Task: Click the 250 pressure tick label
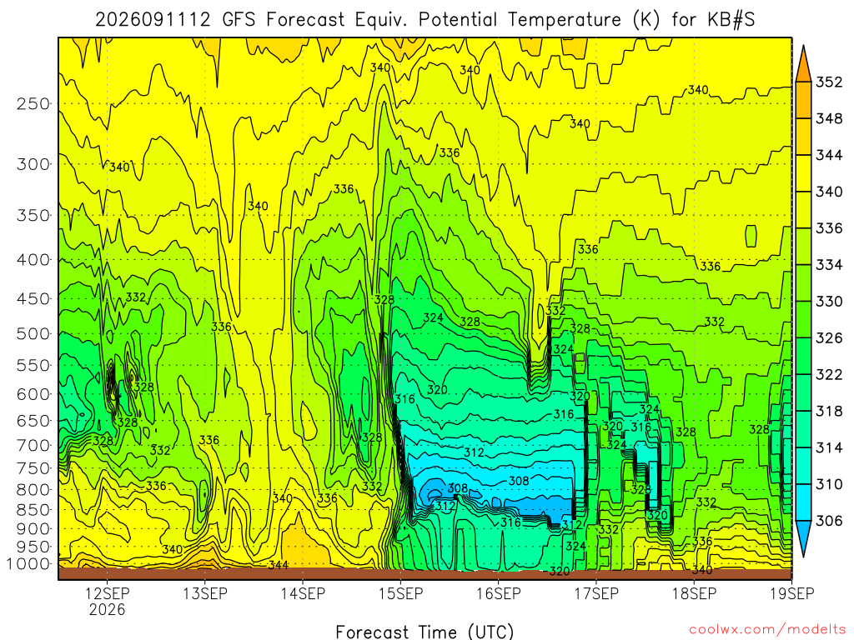[x=33, y=103]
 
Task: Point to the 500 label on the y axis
[x=33, y=333]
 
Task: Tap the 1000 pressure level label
[x=29, y=564]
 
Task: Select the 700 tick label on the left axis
[x=33, y=446]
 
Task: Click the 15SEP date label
[x=401, y=593]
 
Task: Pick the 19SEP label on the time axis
[x=792, y=593]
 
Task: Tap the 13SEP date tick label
[x=205, y=593]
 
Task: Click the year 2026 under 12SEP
[x=107, y=609]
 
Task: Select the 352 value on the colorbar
[x=829, y=82]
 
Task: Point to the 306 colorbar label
[x=829, y=521]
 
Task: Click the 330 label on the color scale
[x=829, y=302]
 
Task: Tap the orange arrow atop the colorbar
[x=803, y=63]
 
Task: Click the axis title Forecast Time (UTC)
[x=424, y=632]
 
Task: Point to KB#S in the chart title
[x=731, y=20]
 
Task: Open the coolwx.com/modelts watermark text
[x=767, y=630]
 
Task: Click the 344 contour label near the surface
[x=279, y=565]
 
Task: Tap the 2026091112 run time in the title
[x=153, y=20]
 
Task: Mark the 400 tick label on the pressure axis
[x=33, y=260]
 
